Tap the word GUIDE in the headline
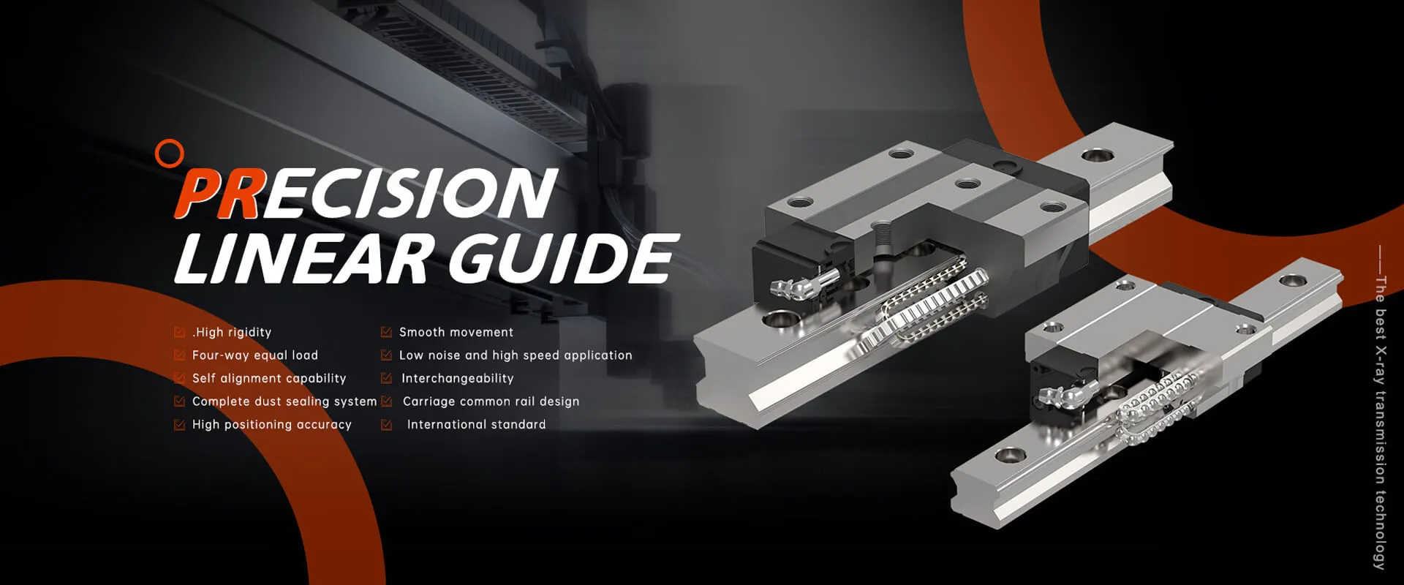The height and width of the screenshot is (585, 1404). click(x=559, y=259)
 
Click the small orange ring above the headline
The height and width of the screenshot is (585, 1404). click(x=170, y=154)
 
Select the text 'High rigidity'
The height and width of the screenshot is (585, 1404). click(x=232, y=332)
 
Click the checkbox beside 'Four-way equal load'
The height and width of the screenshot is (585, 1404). click(x=179, y=355)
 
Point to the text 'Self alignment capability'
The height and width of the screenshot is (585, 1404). click(x=269, y=378)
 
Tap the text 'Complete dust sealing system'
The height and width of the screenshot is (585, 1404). click(x=284, y=401)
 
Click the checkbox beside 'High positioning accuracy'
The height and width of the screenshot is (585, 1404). click(x=179, y=425)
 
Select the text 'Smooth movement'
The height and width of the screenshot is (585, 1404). click(x=456, y=332)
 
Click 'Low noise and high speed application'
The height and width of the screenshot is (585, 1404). click(x=516, y=355)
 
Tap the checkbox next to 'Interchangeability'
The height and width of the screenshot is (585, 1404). click(x=386, y=379)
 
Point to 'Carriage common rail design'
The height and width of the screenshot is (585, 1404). click(x=491, y=401)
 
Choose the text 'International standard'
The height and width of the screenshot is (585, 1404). click(x=476, y=425)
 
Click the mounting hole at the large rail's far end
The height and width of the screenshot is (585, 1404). click(x=1095, y=155)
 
